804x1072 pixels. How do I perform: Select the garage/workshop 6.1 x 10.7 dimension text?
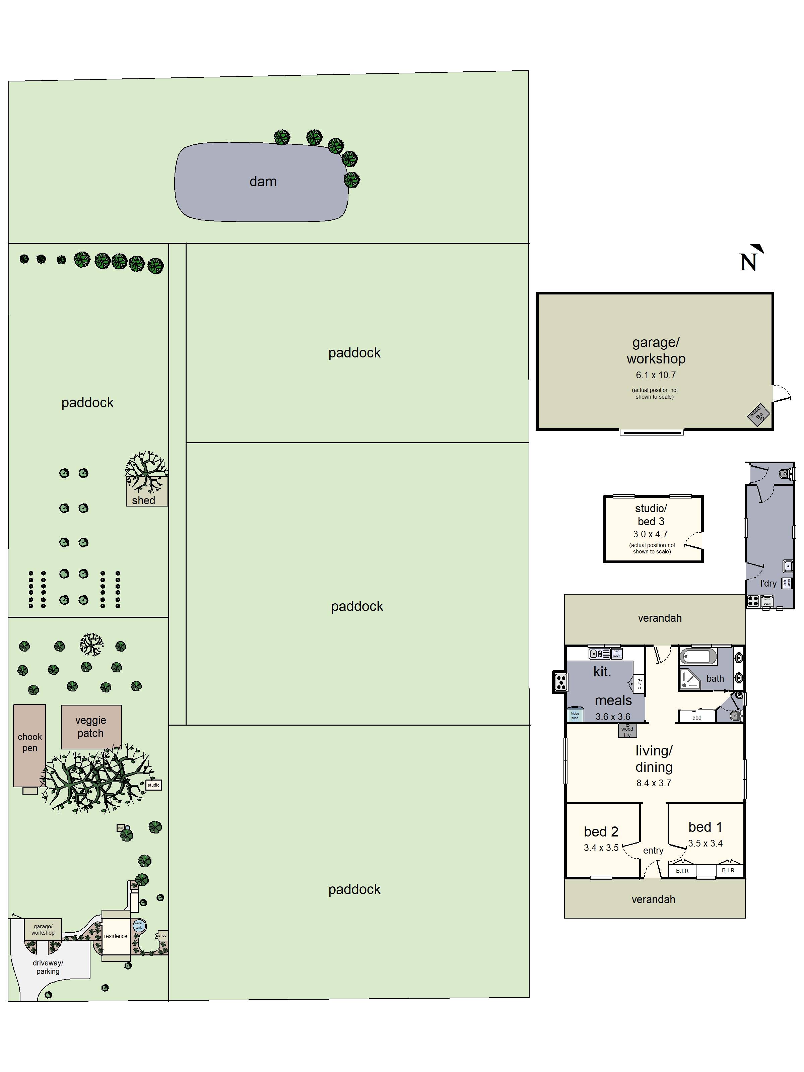click(x=655, y=375)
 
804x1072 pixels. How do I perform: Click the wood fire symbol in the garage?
click(x=757, y=414)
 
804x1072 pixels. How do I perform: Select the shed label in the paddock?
click(x=143, y=500)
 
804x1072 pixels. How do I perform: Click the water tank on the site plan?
click(x=139, y=925)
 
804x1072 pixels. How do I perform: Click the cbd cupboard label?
click(x=696, y=718)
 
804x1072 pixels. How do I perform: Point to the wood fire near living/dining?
click(x=627, y=731)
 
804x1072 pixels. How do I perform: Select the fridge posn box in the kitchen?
click(x=575, y=715)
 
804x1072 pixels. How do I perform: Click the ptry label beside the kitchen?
click(x=639, y=684)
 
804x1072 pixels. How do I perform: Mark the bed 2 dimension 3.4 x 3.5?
click(x=601, y=848)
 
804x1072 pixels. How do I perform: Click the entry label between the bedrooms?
click(x=653, y=851)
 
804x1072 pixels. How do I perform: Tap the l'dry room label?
click(x=768, y=584)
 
